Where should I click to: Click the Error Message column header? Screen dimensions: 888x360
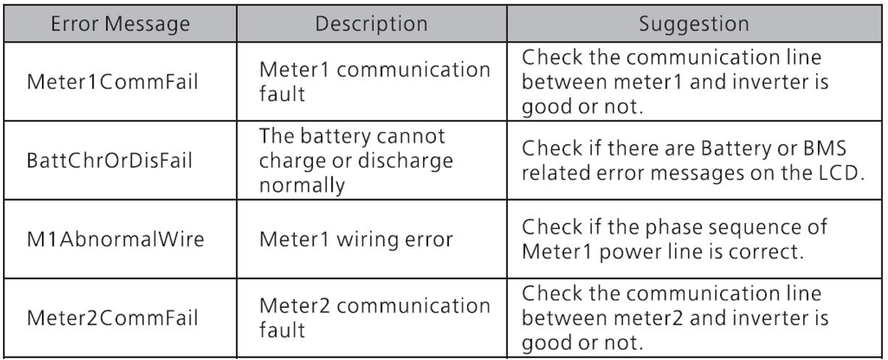pyautogui.click(x=120, y=24)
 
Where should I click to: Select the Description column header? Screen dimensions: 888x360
pyautogui.click(x=372, y=24)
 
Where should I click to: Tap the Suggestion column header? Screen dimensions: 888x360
pyautogui.click(x=694, y=25)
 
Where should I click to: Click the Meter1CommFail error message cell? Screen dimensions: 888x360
pyautogui.click(x=112, y=82)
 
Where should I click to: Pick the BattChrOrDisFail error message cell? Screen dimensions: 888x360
pyautogui.click(x=109, y=161)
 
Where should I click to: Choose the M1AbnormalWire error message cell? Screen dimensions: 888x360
pyautogui.click(x=115, y=239)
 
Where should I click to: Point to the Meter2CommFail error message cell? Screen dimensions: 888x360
pyautogui.click(x=112, y=318)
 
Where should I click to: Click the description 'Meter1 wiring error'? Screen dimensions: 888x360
pyautogui.click(x=356, y=240)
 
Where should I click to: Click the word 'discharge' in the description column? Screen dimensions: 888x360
pyautogui.click(x=406, y=162)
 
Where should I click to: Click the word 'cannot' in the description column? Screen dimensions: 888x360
pyautogui.click(x=411, y=137)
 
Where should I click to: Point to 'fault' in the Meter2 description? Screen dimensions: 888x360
pyautogui.click(x=282, y=330)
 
